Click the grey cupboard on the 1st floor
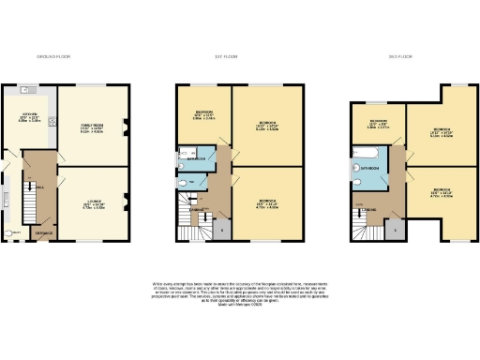(x=221, y=227)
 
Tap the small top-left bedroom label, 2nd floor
(x=377, y=123)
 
